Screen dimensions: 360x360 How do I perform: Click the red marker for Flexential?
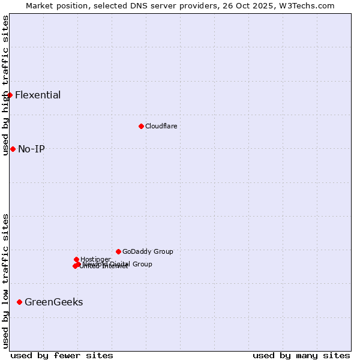10,95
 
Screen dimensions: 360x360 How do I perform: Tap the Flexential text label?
38,95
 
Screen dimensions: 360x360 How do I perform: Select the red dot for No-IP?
13,149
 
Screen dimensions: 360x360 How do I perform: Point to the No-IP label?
31,149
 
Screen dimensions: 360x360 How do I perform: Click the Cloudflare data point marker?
141,126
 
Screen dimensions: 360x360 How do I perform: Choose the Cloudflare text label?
161,126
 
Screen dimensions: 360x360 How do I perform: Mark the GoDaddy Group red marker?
118,251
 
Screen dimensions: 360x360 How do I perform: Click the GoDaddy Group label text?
148,251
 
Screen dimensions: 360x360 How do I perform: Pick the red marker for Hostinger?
76,259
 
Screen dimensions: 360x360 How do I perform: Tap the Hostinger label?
95,259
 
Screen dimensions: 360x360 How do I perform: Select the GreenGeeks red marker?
19,302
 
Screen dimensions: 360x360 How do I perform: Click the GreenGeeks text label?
53,302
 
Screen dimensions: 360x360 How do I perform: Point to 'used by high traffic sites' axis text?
5,85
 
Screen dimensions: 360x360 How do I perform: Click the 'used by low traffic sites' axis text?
5,281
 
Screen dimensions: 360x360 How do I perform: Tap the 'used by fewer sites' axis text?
62,355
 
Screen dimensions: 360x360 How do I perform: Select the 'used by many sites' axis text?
301,355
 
